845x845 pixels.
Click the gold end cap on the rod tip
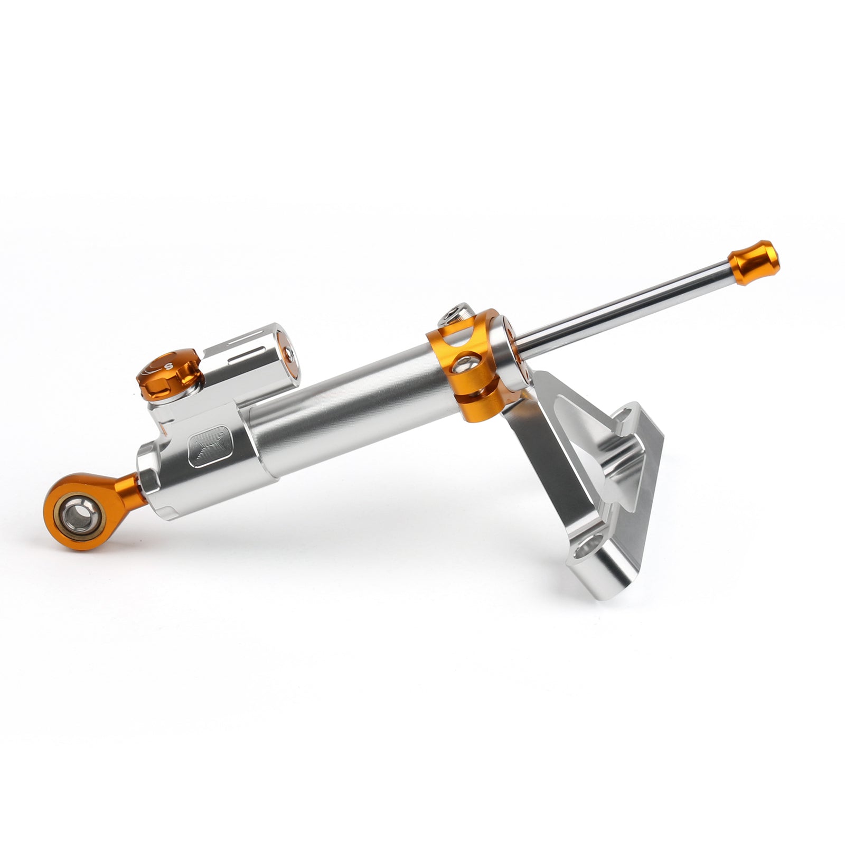[x=754, y=262]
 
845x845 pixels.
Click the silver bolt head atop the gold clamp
[x=453, y=315]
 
